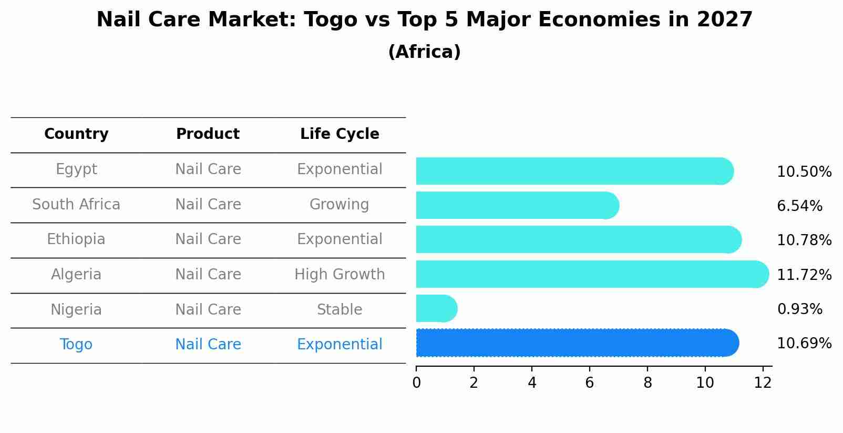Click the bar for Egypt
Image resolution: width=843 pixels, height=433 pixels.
(x=573, y=171)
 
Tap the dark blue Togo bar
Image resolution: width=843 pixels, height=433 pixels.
(x=575, y=343)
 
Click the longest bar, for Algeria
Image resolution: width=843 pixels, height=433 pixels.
(x=591, y=274)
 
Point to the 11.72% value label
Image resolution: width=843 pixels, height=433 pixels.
(x=804, y=275)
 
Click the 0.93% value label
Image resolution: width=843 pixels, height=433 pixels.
(x=799, y=309)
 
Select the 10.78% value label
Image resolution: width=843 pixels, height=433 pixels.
(x=804, y=240)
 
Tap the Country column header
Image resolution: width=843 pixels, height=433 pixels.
(x=76, y=134)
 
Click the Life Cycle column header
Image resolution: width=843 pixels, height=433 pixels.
(x=340, y=134)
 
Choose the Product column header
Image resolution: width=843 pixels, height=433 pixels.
(x=208, y=134)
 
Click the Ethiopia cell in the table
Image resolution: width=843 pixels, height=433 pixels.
(x=76, y=239)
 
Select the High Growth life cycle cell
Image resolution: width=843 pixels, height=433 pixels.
(x=340, y=275)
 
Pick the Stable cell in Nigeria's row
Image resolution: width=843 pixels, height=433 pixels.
(x=340, y=310)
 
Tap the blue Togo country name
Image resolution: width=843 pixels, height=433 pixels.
(x=76, y=345)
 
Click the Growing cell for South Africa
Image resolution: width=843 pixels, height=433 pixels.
(x=340, y=205)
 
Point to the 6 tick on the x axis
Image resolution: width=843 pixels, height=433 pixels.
(x=589, y=383)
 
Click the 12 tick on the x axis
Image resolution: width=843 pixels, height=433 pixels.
(x=763, y=383)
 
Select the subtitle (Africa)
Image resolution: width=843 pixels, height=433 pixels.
(x=424, y=52)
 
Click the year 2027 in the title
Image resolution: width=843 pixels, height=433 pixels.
(x=725, y=20)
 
